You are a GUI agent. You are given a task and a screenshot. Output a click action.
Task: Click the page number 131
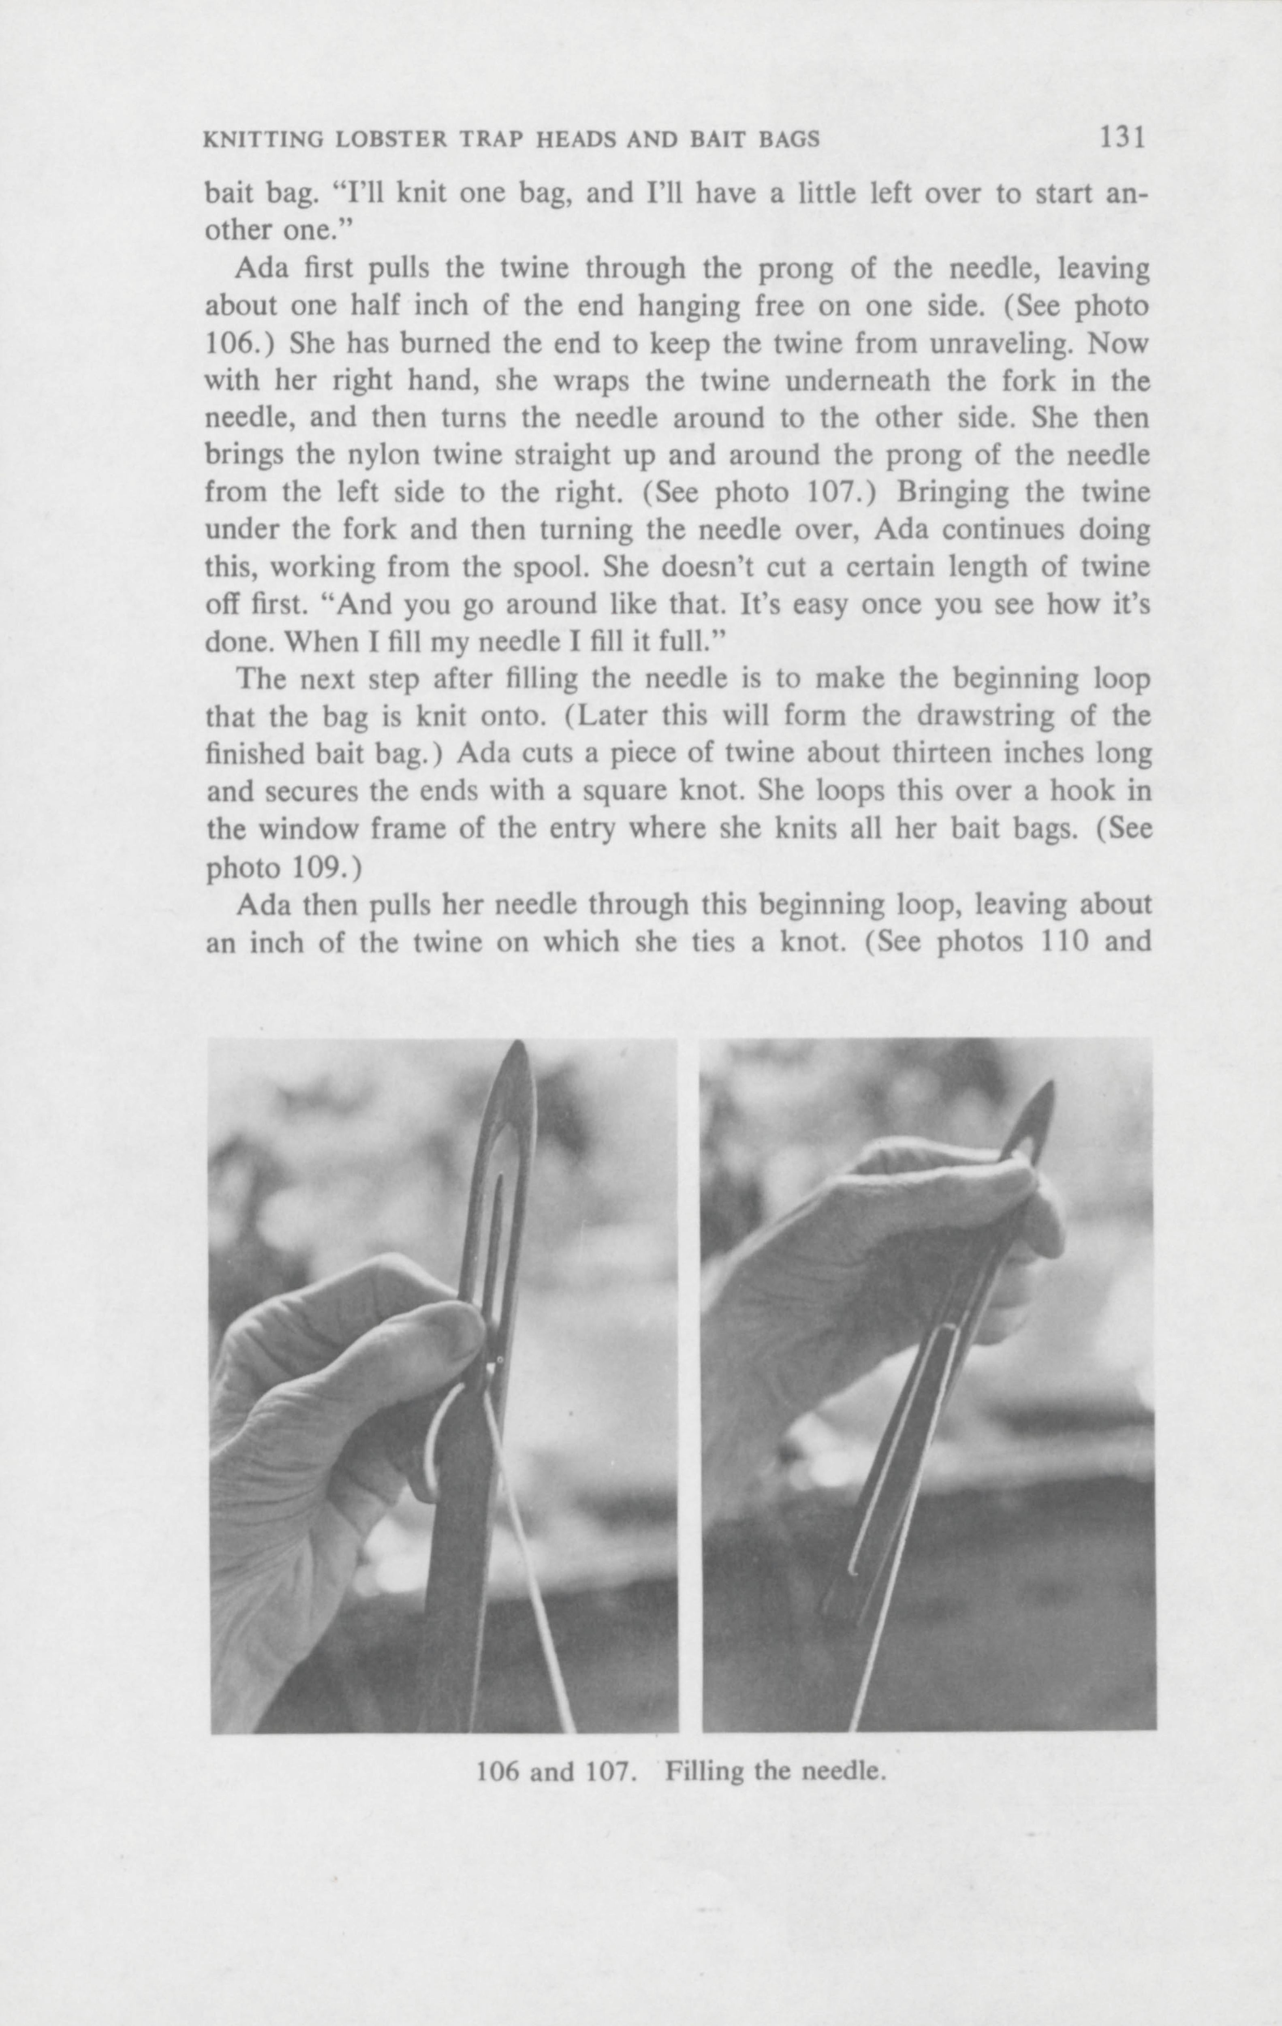tap(1122, 137)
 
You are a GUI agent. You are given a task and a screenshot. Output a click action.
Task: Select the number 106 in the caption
tap(500, 1772)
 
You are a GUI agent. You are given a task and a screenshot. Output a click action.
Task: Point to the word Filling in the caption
tap(703, 1772)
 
